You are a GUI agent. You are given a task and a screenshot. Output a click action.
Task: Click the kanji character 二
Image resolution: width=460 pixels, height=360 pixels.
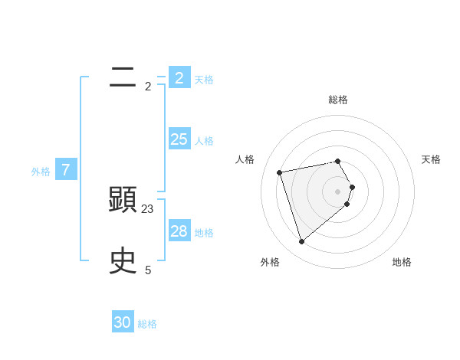tap(123, 77)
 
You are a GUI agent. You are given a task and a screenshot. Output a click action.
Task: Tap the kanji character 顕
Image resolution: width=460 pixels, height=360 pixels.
tap(123, 200)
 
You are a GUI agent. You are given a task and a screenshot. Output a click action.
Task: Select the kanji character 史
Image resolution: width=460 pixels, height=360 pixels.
tap(123, 261)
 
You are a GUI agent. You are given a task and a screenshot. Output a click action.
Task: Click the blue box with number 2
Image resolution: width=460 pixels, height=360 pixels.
tap(179, 77)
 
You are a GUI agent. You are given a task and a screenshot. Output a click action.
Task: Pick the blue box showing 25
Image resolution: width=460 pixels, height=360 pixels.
tap(179, 139)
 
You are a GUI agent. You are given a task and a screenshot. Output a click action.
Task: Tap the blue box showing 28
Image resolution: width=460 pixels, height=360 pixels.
tap(179, 231)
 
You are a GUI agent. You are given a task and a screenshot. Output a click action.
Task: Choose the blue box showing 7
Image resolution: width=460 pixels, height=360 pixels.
tap(66, 170)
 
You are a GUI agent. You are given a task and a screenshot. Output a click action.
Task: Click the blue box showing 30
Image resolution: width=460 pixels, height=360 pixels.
tap(123, 322)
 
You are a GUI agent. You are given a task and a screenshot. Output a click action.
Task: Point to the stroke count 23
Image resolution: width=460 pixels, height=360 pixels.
tap(148, 208)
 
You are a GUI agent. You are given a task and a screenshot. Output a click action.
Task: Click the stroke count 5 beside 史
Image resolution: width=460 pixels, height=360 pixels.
tap(148, 270)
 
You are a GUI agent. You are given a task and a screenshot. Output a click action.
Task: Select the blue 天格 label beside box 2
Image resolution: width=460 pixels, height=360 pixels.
tap(204, 80)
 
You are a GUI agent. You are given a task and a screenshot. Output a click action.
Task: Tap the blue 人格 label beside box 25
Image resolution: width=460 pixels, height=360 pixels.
tap(204, 141)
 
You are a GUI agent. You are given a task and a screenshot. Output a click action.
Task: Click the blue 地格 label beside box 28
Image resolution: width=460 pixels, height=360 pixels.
tap(204, 233)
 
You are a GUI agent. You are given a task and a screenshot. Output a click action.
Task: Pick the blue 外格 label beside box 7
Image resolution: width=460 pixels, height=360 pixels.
tap(41, 172)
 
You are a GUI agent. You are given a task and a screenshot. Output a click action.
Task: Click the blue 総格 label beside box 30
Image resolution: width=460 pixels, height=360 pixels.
tap(147, 325)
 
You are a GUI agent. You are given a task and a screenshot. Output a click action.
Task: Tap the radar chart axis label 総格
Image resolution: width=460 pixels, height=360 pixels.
tap(338, 100)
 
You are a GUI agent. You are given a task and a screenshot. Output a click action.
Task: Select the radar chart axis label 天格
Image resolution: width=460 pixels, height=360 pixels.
tap(431, 159)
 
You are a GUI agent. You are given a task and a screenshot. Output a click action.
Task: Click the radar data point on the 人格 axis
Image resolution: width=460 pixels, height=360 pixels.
tap(280, 172)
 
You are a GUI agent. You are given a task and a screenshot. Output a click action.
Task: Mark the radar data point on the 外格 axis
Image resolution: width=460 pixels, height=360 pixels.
tap(301, 242)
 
